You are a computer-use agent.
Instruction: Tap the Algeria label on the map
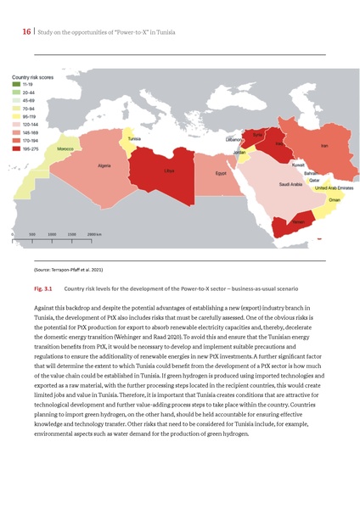point(104,165)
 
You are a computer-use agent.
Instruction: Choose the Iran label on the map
point(323,147)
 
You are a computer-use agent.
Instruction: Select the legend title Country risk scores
point(31,77)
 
